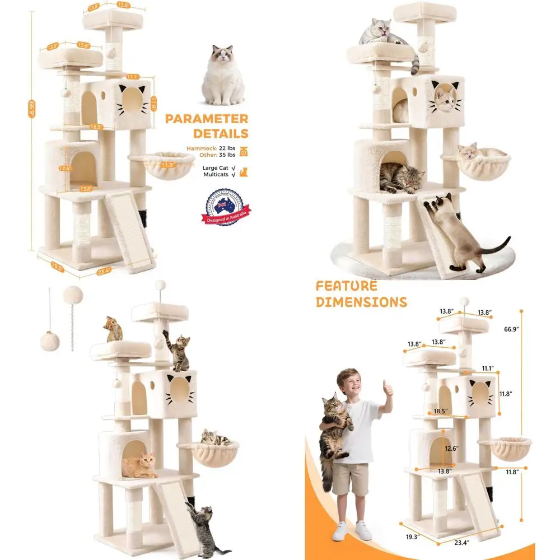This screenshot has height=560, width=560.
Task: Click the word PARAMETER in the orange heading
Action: pos(207,119)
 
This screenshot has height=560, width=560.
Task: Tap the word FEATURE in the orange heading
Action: pos(346,286)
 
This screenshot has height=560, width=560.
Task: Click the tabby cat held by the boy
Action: pos(334,426)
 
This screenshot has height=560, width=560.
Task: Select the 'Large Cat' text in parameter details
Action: pos(214,167)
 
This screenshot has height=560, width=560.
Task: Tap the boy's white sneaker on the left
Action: pos(340,531)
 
